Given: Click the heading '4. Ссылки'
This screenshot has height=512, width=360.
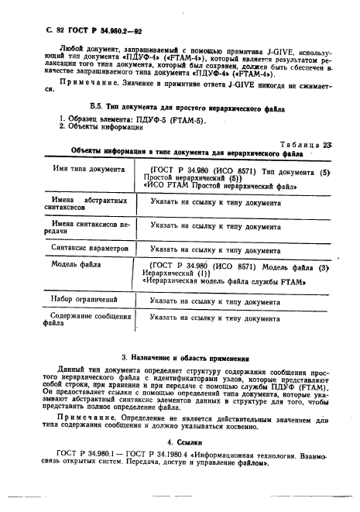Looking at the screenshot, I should [180, 443].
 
